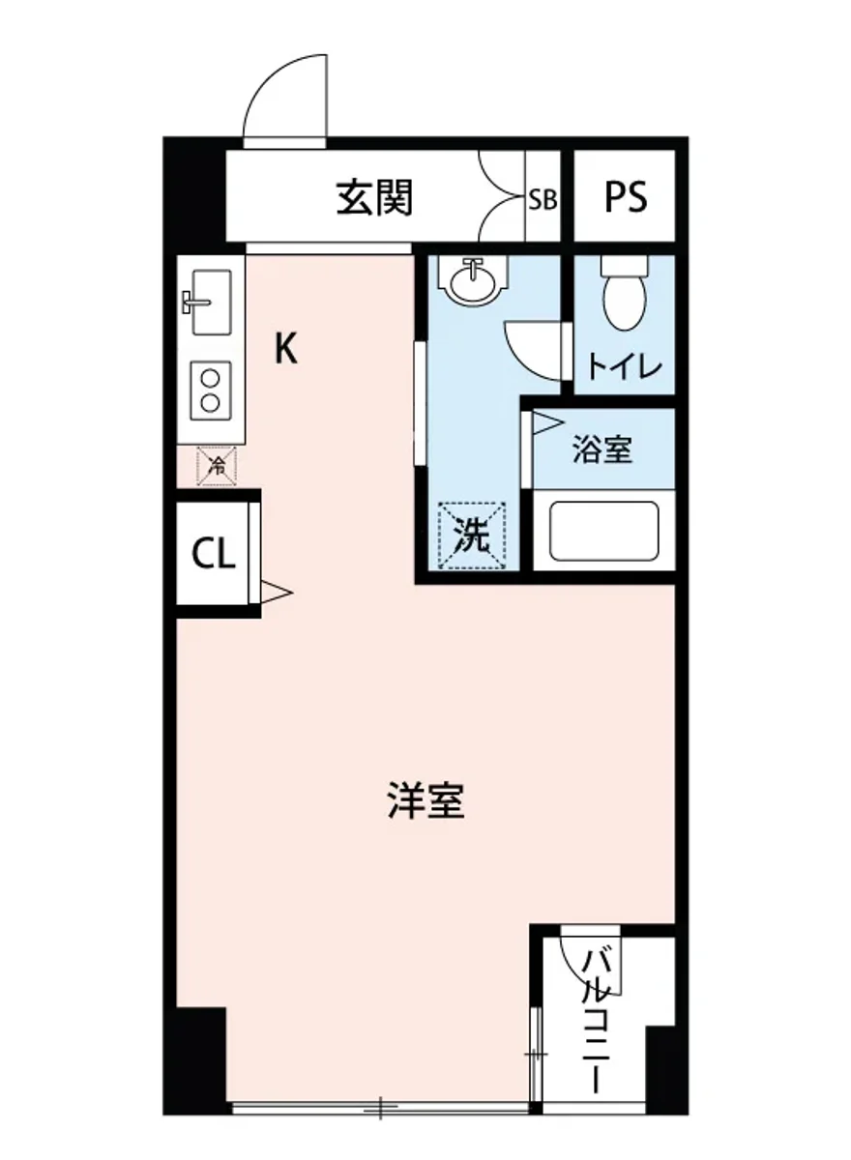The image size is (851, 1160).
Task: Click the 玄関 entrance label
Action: (x=374, y=198)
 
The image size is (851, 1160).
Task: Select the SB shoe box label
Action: (x=542, y=200)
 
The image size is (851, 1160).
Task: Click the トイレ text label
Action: (x=625, y=367)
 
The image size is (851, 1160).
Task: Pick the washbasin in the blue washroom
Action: (x=472, y=279)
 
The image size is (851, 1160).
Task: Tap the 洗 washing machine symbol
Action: (x=472, y=535)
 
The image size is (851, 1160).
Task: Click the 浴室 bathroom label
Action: (x=602, y=449)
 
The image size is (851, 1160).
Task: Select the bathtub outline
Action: (x=604, y=531)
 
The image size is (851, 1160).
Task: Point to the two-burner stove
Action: (x=210, y=390)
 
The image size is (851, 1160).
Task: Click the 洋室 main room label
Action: (x=425, y=801)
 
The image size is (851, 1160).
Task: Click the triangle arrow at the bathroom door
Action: (x=544, y=421)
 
